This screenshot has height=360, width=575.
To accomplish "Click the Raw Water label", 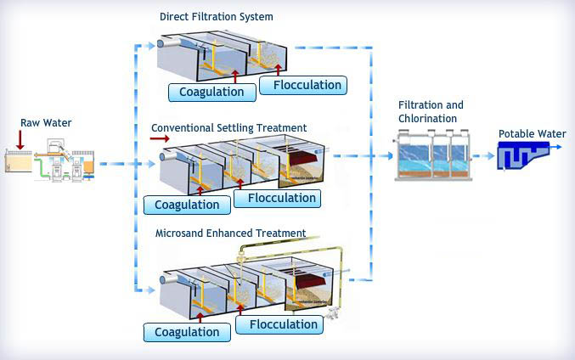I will [46, 123].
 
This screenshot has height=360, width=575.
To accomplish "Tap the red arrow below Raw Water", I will [20, 139].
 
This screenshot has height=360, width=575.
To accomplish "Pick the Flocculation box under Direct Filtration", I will [302, 85].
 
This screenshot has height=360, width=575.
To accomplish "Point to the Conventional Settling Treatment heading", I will [228, 127].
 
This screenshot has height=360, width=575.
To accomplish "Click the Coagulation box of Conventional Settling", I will [187, 205].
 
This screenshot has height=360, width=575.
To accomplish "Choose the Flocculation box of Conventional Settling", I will [277, 199].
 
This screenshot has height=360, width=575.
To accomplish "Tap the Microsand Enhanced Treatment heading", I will [230, 233].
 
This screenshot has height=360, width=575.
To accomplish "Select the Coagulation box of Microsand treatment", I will [187, 331].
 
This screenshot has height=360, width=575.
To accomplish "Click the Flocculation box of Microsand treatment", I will [278, 324].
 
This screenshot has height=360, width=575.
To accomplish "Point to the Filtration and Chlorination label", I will [431, 111].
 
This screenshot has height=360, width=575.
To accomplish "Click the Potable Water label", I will [532, 133].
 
